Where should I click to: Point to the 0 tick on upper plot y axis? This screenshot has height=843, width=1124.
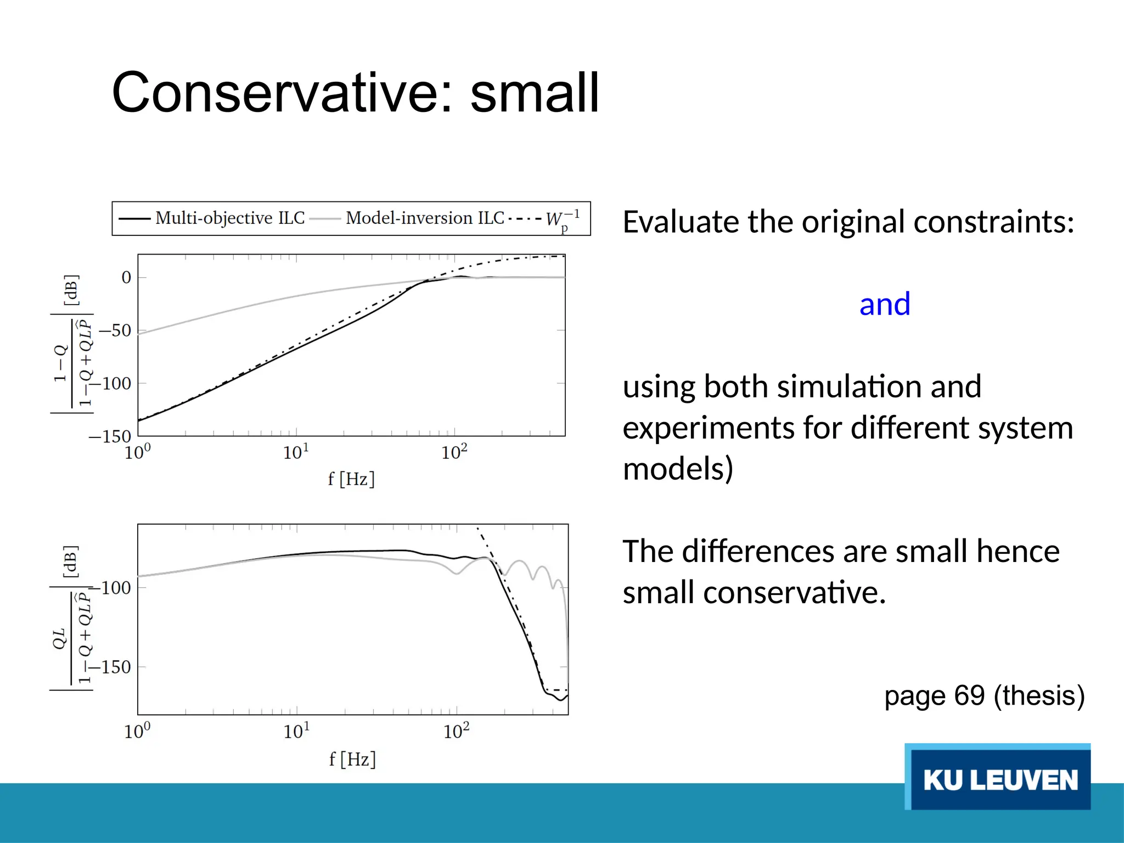126,277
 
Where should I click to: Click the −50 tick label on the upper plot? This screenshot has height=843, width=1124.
115,330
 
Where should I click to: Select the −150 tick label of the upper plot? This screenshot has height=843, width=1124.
110,436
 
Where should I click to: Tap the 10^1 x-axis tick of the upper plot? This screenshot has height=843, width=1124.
296,452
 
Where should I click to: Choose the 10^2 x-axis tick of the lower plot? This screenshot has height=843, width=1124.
456,731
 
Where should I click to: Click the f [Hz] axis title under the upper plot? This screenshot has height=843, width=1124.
351,479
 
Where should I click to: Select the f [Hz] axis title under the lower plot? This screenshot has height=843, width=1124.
352,759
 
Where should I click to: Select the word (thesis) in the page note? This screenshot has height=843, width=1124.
1039,695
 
